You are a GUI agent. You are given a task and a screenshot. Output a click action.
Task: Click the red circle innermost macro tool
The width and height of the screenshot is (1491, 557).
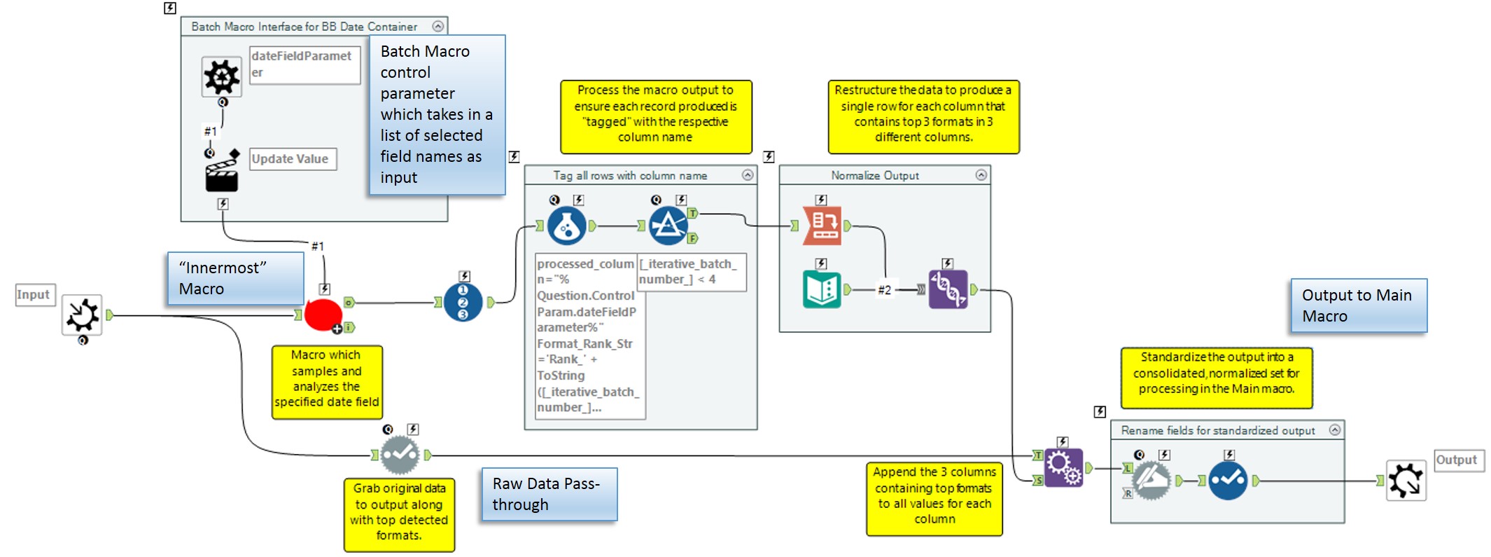click(323, 315)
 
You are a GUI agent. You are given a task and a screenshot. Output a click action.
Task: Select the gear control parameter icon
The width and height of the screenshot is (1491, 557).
click(221, 76)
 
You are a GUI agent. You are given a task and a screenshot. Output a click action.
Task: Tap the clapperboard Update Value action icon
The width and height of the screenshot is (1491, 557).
click(221, 176)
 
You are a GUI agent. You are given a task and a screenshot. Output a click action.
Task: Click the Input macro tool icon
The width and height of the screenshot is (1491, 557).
click(82, 315)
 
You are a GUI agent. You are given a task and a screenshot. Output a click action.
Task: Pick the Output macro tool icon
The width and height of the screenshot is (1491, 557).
click(1406, 481)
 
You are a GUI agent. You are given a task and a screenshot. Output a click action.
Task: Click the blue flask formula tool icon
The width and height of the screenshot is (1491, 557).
click(566, 226)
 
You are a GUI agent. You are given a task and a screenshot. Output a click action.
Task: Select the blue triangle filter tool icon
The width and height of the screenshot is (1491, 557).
click(668, 226)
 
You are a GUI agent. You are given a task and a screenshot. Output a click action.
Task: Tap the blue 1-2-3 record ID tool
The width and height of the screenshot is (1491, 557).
click(463, 303)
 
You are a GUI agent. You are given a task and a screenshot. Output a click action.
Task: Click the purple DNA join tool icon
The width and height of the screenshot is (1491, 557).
click(948, 289)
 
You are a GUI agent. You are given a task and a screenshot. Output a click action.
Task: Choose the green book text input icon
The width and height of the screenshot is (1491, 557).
click(822, 289)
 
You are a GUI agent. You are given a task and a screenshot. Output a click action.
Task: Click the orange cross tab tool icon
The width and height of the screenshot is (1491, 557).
click(822, 226)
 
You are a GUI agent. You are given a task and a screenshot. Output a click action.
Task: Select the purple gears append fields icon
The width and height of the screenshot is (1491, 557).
click(1063, 467)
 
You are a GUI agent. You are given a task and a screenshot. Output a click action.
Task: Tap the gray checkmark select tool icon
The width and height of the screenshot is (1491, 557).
click(400, 455)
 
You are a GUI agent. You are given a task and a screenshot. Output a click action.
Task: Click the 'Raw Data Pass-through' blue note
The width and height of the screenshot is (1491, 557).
click(549, 494)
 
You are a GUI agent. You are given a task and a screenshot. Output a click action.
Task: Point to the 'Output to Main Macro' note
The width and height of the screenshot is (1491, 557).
click(1358, 305)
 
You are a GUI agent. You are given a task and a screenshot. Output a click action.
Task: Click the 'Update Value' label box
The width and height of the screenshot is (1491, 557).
click(293, 159)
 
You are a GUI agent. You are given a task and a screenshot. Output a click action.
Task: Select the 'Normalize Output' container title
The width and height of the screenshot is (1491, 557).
click(874, 175)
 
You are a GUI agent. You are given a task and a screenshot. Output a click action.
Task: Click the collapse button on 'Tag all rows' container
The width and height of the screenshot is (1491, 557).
click(748, 175)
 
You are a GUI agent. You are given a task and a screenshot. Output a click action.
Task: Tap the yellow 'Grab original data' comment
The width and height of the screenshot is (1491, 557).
click(399, 514)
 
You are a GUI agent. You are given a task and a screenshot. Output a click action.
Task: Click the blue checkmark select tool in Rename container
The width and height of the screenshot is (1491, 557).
click(1228, 481)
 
